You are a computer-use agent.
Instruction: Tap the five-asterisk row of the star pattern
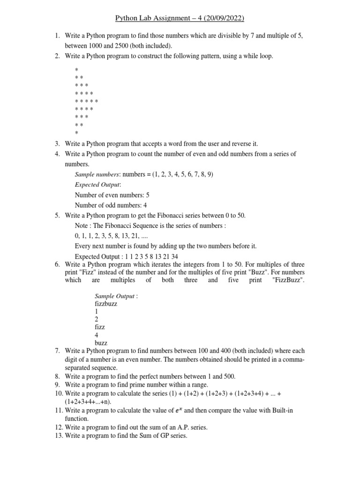(x=86, y=101)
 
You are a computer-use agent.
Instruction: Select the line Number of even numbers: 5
(x=112, y=195)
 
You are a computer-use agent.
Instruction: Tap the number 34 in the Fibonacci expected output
(x=174, y=256)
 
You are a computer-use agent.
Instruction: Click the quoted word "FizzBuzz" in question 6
(x=285, y=280)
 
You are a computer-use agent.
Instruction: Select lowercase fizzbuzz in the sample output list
(x=106, y=303)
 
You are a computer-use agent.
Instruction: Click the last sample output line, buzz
(x=101, y=343)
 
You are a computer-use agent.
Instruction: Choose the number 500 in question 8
(x=228, y=376)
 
